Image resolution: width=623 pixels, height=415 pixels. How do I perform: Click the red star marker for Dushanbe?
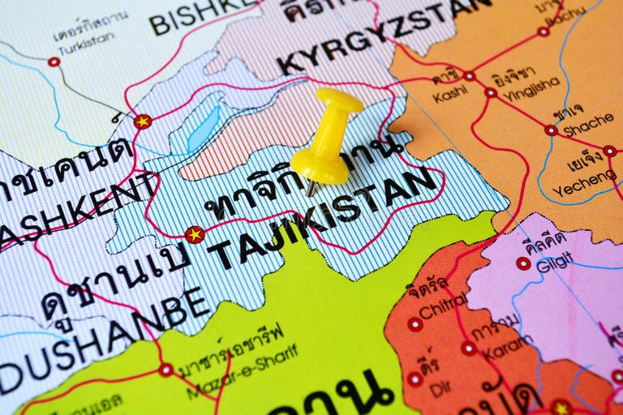[x=195, y=235]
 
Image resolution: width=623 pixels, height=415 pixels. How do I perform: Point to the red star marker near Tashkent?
[x=143, y=122]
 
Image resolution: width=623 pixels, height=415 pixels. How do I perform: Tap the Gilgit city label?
[x=554, y=262]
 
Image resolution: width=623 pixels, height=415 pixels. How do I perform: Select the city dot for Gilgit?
[x=523, y=263]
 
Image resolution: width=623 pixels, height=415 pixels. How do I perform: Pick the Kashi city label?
[x=449, y=95]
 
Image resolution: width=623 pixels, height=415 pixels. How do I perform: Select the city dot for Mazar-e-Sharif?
[x=165, y=370]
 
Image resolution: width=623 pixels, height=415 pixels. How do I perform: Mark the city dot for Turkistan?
[x=54, y=62]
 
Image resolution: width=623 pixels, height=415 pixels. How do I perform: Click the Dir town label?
[x=440, y=388]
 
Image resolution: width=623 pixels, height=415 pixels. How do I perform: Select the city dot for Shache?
[x=551, y=130]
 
